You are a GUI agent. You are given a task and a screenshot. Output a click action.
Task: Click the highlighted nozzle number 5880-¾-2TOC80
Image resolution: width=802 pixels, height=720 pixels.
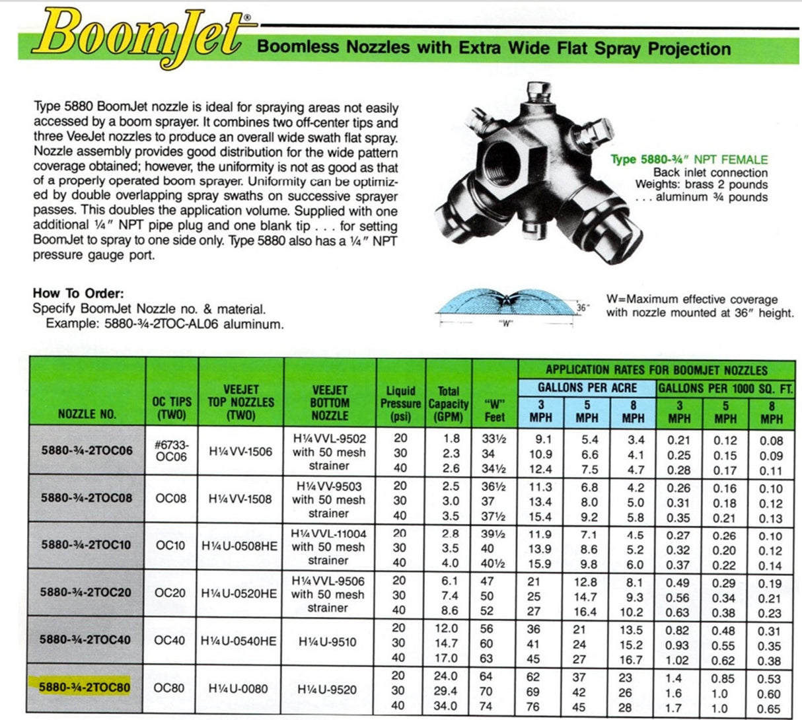(x=85, y=688)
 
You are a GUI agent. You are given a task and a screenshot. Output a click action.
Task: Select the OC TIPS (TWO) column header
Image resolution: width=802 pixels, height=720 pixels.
(x=171, y=408)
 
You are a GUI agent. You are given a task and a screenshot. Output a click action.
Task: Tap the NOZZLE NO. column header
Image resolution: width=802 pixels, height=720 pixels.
(x=87, y=414)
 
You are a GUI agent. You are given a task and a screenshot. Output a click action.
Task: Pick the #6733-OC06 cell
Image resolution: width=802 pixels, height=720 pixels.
(x=171, y=450)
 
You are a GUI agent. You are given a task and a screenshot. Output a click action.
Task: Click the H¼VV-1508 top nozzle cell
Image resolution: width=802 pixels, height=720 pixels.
(x=240, y=499)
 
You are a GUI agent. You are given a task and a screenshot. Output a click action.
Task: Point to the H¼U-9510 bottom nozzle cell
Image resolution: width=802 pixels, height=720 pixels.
(x=330, y=641)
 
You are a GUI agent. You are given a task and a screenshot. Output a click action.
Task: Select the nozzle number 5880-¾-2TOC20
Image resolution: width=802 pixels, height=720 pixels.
(x=85, y=593)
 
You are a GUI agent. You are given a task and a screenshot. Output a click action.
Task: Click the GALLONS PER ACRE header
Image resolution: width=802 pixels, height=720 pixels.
(x=587, y=388)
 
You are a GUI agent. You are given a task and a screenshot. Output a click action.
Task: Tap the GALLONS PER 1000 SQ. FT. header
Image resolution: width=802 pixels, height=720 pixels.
(x=725, y=388)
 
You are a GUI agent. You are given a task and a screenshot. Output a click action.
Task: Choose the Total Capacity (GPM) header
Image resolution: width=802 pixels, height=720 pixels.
(x=449, y=404)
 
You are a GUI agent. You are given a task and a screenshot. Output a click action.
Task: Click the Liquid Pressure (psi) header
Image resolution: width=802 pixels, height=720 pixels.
(x=400, y=404)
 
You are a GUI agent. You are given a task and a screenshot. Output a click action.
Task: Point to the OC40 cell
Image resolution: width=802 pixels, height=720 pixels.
(x=170, y=641)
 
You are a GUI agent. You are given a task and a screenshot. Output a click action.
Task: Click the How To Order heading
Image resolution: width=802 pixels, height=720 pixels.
(x=78, y=293)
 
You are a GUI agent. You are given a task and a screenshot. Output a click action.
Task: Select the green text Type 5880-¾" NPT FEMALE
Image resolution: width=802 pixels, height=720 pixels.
(x=688, y=159)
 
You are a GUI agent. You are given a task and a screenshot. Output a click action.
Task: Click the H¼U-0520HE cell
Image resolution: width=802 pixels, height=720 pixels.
(x=240, y=593)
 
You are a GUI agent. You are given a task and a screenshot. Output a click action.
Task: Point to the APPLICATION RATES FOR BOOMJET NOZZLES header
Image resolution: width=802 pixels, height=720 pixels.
(x=656, y=370)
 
